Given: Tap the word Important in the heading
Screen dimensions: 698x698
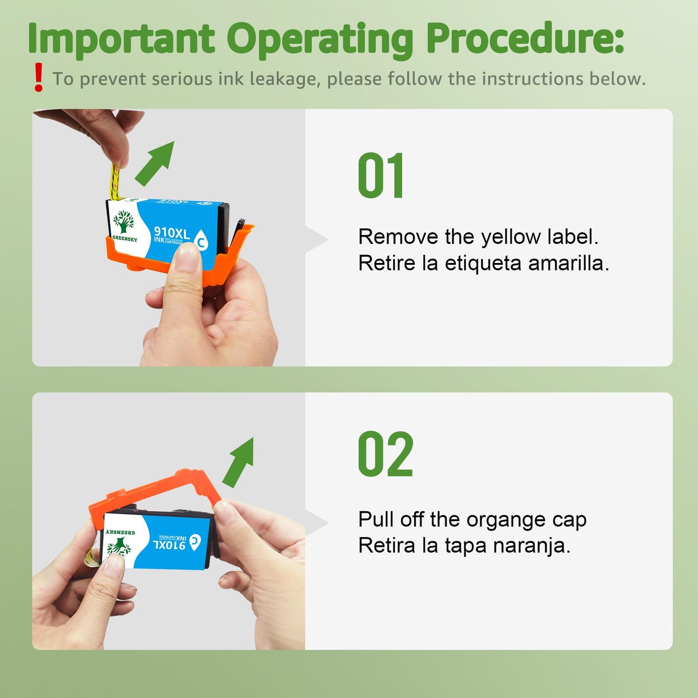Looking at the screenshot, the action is tap(121, 39).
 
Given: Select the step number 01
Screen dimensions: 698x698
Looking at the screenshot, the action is tap(381, 175).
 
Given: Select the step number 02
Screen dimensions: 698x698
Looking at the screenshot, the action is tap(385, 454).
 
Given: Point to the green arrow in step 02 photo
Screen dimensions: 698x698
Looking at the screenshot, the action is tap(238, 462).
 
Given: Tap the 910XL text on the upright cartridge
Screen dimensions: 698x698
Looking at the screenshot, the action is tap(171, 232).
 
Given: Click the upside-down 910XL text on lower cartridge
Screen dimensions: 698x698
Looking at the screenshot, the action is tap(169, 544).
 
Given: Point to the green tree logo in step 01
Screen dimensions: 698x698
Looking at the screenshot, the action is tap(123, 221).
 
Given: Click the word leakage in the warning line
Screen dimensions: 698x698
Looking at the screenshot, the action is tap(285, 80).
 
